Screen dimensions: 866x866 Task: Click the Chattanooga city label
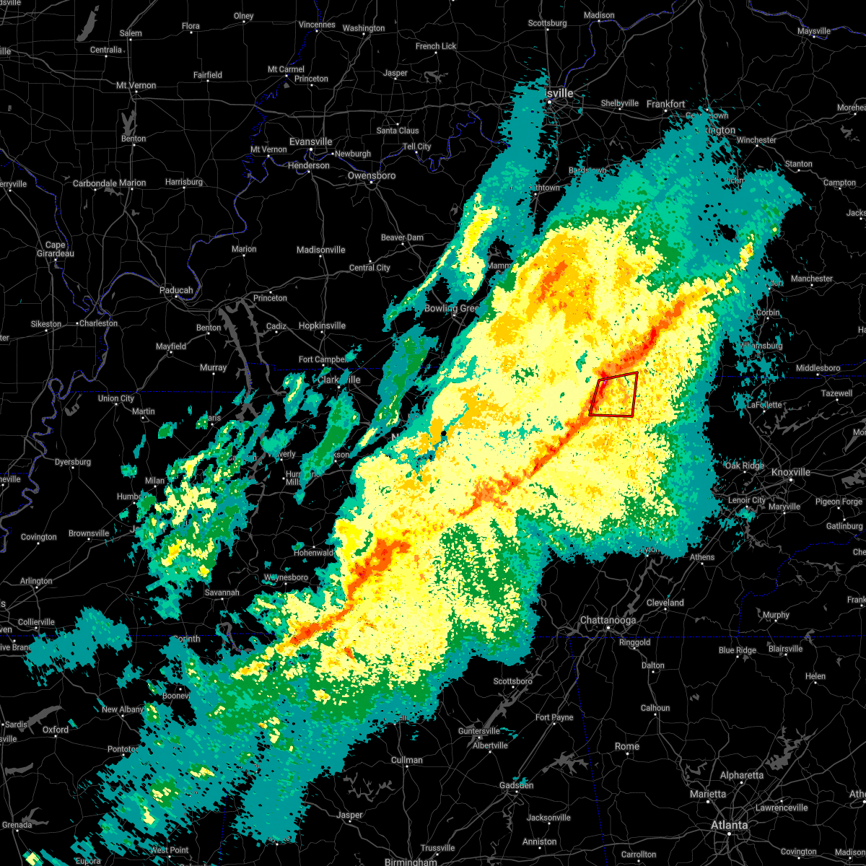click(608, 621)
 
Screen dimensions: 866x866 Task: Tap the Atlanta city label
click(729, 825)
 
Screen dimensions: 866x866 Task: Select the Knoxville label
click(790, 472)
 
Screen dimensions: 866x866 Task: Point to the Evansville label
click(311, 141)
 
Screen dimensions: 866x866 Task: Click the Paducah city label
click(176, 290)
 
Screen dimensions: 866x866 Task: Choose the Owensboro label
click(372, 175)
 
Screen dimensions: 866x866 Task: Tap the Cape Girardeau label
click(56, 249)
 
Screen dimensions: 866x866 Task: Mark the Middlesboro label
click(818, 368)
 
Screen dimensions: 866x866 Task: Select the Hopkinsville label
click(322, 325)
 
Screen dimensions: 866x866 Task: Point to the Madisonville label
click(320, 250)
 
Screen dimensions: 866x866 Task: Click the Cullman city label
click(407, 760)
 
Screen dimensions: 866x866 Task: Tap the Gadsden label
click(516, 785)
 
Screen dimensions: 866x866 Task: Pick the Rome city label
click(627, 746)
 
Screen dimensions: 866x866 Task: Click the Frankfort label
click(665, 104)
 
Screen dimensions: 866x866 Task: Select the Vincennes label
click(317, 25)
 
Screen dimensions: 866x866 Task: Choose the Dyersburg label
click(73, 462)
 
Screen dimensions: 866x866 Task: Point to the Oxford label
click(56, 730)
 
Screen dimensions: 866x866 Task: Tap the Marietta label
click(707, 794)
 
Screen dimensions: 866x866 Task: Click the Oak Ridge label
click(744, 465)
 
